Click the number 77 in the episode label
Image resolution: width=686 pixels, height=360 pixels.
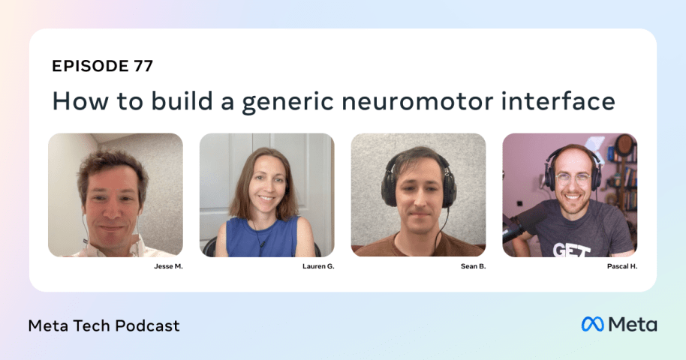click(x=143, y=66)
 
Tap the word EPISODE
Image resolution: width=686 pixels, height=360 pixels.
click(x=90, y=66)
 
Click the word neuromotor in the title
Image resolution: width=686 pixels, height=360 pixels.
click(x=417, y=101)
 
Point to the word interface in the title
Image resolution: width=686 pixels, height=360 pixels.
click(x=558, y=100)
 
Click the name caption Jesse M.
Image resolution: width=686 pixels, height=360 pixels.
click(x=168, y=266)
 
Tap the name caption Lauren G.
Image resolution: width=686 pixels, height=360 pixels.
click(x=318, y=266)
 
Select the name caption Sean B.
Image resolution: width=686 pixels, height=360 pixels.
click(x=473, y=266)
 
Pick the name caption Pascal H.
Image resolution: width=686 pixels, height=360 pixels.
click(x=621, y=266)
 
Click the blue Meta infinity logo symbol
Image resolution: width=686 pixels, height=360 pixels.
click(x=592, y=324)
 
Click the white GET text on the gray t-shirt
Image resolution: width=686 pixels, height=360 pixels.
click(x=571, y=250)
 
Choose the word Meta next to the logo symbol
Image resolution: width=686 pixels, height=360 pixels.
click(x=632, y=325)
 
